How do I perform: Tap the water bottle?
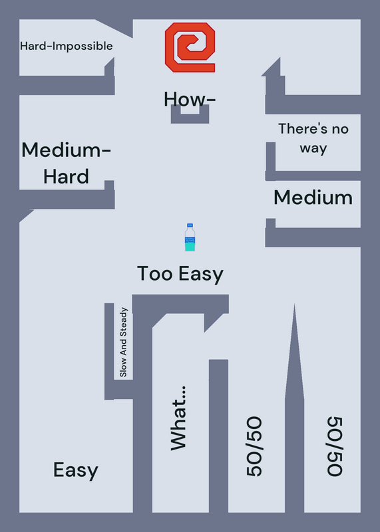point(190,237)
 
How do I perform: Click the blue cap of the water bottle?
point(190,225)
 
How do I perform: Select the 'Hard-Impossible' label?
point(67,46)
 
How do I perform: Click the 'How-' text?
point(190,99)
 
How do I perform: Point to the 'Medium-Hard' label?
point(67,163)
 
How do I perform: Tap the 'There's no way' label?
point(313,138)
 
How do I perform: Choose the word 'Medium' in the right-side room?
point(313,198)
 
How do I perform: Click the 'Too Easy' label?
point(180,274)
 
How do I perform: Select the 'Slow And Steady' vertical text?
point(123,342)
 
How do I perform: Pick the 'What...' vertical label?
point(178,418)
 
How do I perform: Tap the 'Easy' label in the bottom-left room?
point(76,470)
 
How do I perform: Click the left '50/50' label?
point(254,446)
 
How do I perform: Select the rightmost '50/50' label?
point(335,446)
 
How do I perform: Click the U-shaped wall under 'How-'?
point(190,119)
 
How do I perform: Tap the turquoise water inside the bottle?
point(190,246)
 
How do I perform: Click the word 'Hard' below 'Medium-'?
point(67,176)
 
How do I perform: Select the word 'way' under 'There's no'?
point(313,148)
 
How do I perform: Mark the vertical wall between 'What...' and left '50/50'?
point(218,436)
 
